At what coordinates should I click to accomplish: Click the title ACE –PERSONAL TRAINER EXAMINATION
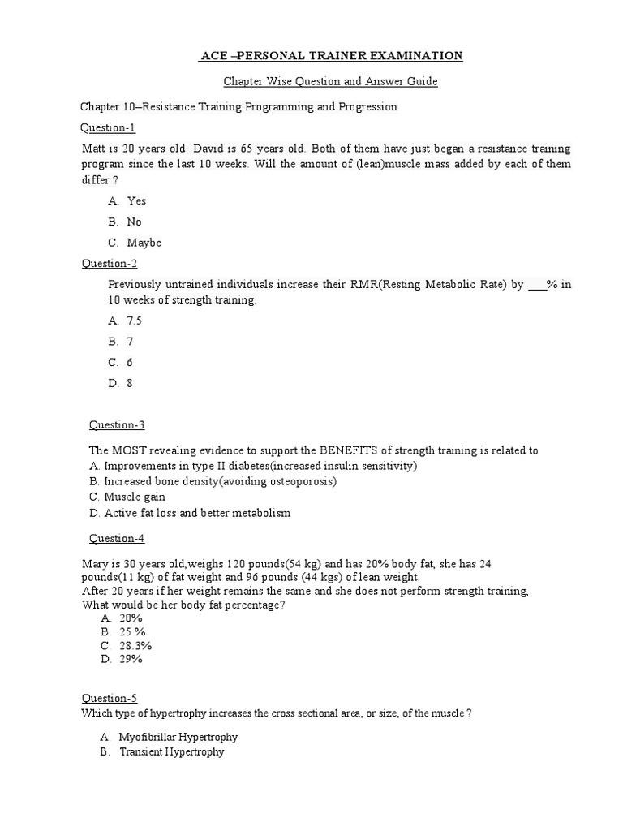click(332, 55)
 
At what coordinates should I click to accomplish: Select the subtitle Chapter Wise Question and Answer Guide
click(331, 82)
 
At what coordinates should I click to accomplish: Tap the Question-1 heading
click(108, 127)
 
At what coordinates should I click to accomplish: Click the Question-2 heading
click(110, 263)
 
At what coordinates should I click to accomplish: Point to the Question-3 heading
click(116, 425)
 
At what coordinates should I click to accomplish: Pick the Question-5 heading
click(110, 698)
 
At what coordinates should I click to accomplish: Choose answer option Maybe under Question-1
click(144, 243)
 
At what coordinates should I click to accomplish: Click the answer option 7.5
click(134, 321)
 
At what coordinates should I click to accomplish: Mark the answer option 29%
click(131, 660)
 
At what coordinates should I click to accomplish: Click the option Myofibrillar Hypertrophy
click(178, 737)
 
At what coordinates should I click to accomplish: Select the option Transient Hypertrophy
click(171, 752)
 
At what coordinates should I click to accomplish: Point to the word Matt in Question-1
click(93, 149)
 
